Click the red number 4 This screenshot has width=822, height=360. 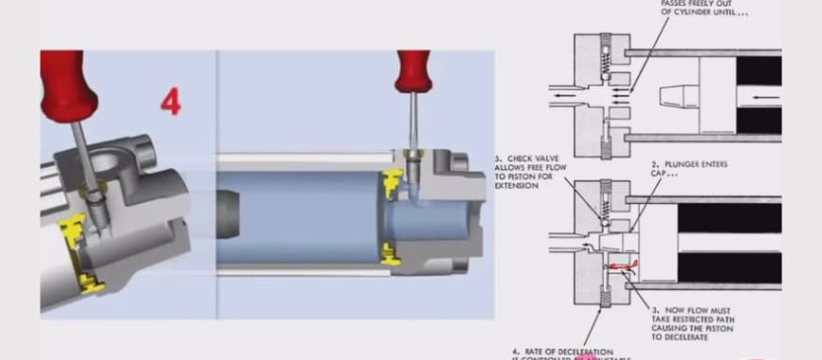pos(170,101)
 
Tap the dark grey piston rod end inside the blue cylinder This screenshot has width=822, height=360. pos(231,215)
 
